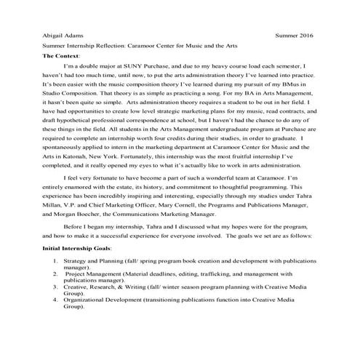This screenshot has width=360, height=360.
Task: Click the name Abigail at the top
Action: point(55,34)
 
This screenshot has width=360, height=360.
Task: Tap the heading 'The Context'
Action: point(62,55)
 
